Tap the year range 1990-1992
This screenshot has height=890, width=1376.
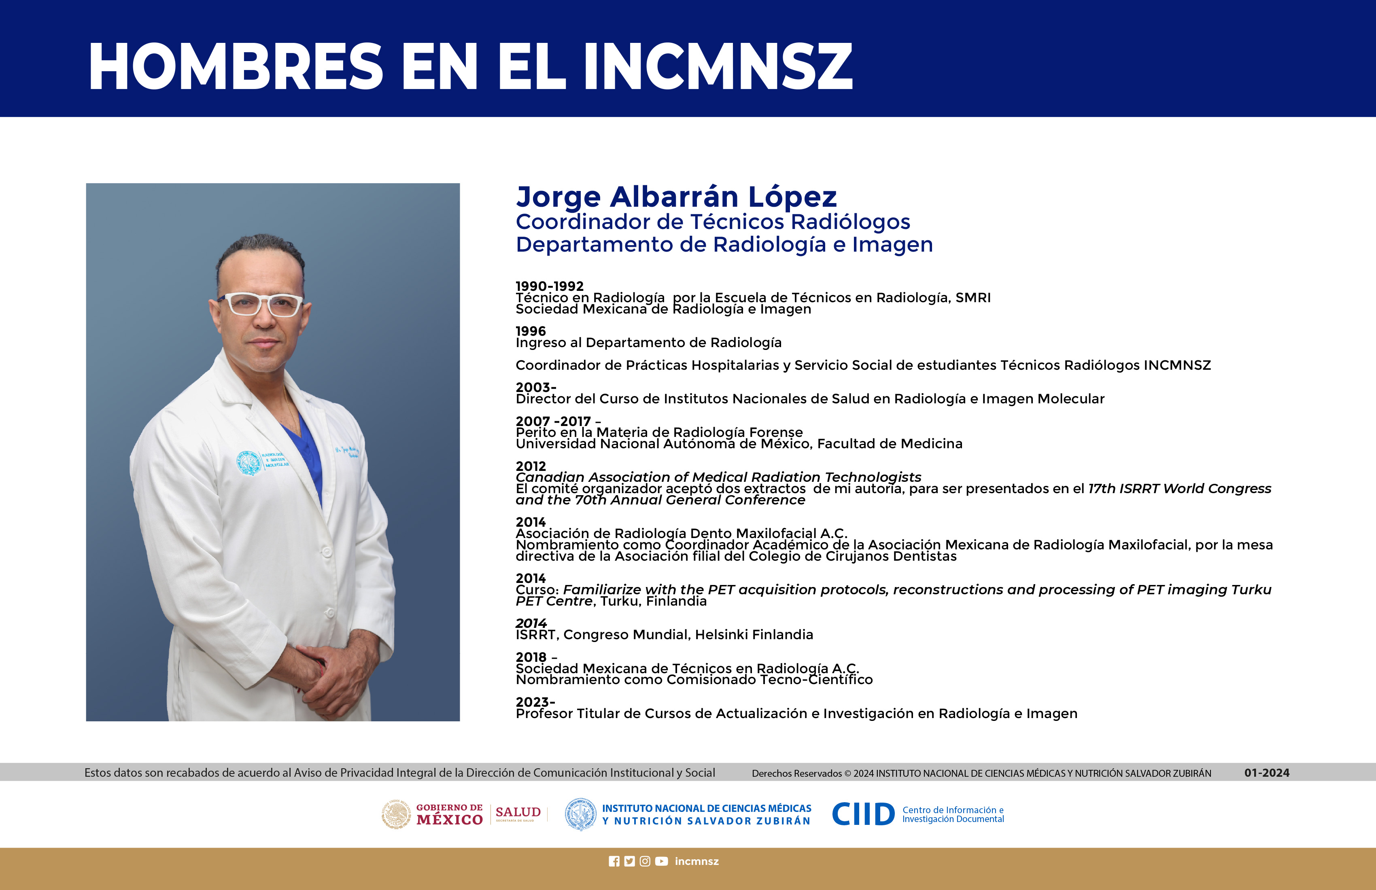tap(549, 286)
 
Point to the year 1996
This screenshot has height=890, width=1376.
tap(531, 331)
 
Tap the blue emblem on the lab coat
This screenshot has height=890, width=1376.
tap(250, 463)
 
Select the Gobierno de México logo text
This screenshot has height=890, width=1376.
tap(449, 814)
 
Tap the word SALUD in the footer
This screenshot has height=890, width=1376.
tap(518, 812)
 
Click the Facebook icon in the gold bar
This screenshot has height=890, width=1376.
tap(614, 861)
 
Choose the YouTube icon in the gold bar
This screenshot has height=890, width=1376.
tap(661, 861)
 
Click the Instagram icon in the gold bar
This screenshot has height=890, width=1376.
tap(645, 861)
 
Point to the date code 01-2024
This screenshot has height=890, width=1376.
tap(1267, 773)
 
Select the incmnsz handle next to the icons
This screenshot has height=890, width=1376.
tap(696, 861)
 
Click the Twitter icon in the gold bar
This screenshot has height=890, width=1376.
tap(630, 861)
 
